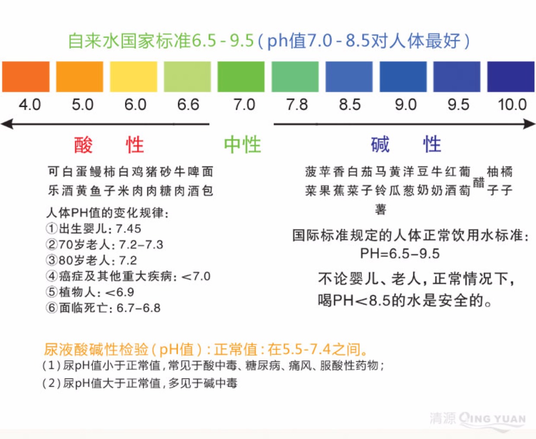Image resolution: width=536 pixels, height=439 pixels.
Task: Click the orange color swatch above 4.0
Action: coord(26,76)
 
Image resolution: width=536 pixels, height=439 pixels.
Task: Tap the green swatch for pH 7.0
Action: coord(241,76)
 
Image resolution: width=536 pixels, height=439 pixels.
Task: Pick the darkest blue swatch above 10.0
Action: coord(511,76)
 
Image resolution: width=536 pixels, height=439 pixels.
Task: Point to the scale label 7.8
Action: coord(297,105)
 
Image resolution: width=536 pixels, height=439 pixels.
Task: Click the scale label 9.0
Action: coord(405,105)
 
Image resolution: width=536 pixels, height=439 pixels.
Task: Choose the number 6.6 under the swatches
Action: coord(188,105)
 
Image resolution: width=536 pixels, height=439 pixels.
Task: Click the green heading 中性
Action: coord(242,144)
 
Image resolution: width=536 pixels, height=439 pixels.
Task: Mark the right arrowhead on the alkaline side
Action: coord(530,124)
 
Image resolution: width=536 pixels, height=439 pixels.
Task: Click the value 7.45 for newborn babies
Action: coord(128,229)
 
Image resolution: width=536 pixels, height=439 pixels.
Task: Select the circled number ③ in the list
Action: coord(52,260)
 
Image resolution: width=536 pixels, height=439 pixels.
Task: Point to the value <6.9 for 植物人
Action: coord(120,292)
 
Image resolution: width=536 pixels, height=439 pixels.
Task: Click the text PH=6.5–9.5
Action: coord(400,253)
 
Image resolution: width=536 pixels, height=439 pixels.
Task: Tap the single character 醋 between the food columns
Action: coord(479,182)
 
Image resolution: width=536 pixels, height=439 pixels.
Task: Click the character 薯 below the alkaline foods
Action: coord(380,210)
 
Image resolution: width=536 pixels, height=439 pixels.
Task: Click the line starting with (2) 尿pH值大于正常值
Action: coord(140,383)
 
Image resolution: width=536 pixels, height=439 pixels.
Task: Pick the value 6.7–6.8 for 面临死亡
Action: coord(138,308)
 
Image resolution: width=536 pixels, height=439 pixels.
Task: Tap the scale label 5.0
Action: coord(83,105)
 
